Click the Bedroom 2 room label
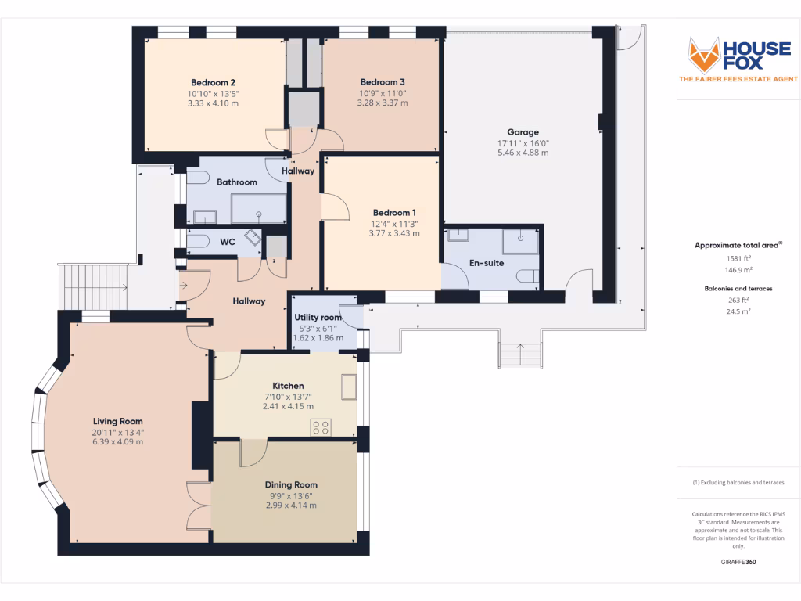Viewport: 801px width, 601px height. click(x=214, y=83)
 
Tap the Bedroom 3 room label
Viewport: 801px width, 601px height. click(x=383, y=82)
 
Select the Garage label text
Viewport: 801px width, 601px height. click(x=523, y=132)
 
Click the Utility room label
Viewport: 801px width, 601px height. click(x=318, y=317)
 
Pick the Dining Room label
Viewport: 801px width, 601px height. click(x=291, y=485)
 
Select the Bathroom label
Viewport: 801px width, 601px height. click(x=237, y=182)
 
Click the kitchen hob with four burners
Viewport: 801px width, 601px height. click(x=321, y=427)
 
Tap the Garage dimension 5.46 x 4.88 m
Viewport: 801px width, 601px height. click(x=523, y=153)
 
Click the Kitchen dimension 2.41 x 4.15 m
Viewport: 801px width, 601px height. click(x=288, y=406)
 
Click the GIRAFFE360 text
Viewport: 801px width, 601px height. click(x=738, y=562)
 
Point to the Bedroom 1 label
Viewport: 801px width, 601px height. click(x=394, y=213)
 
